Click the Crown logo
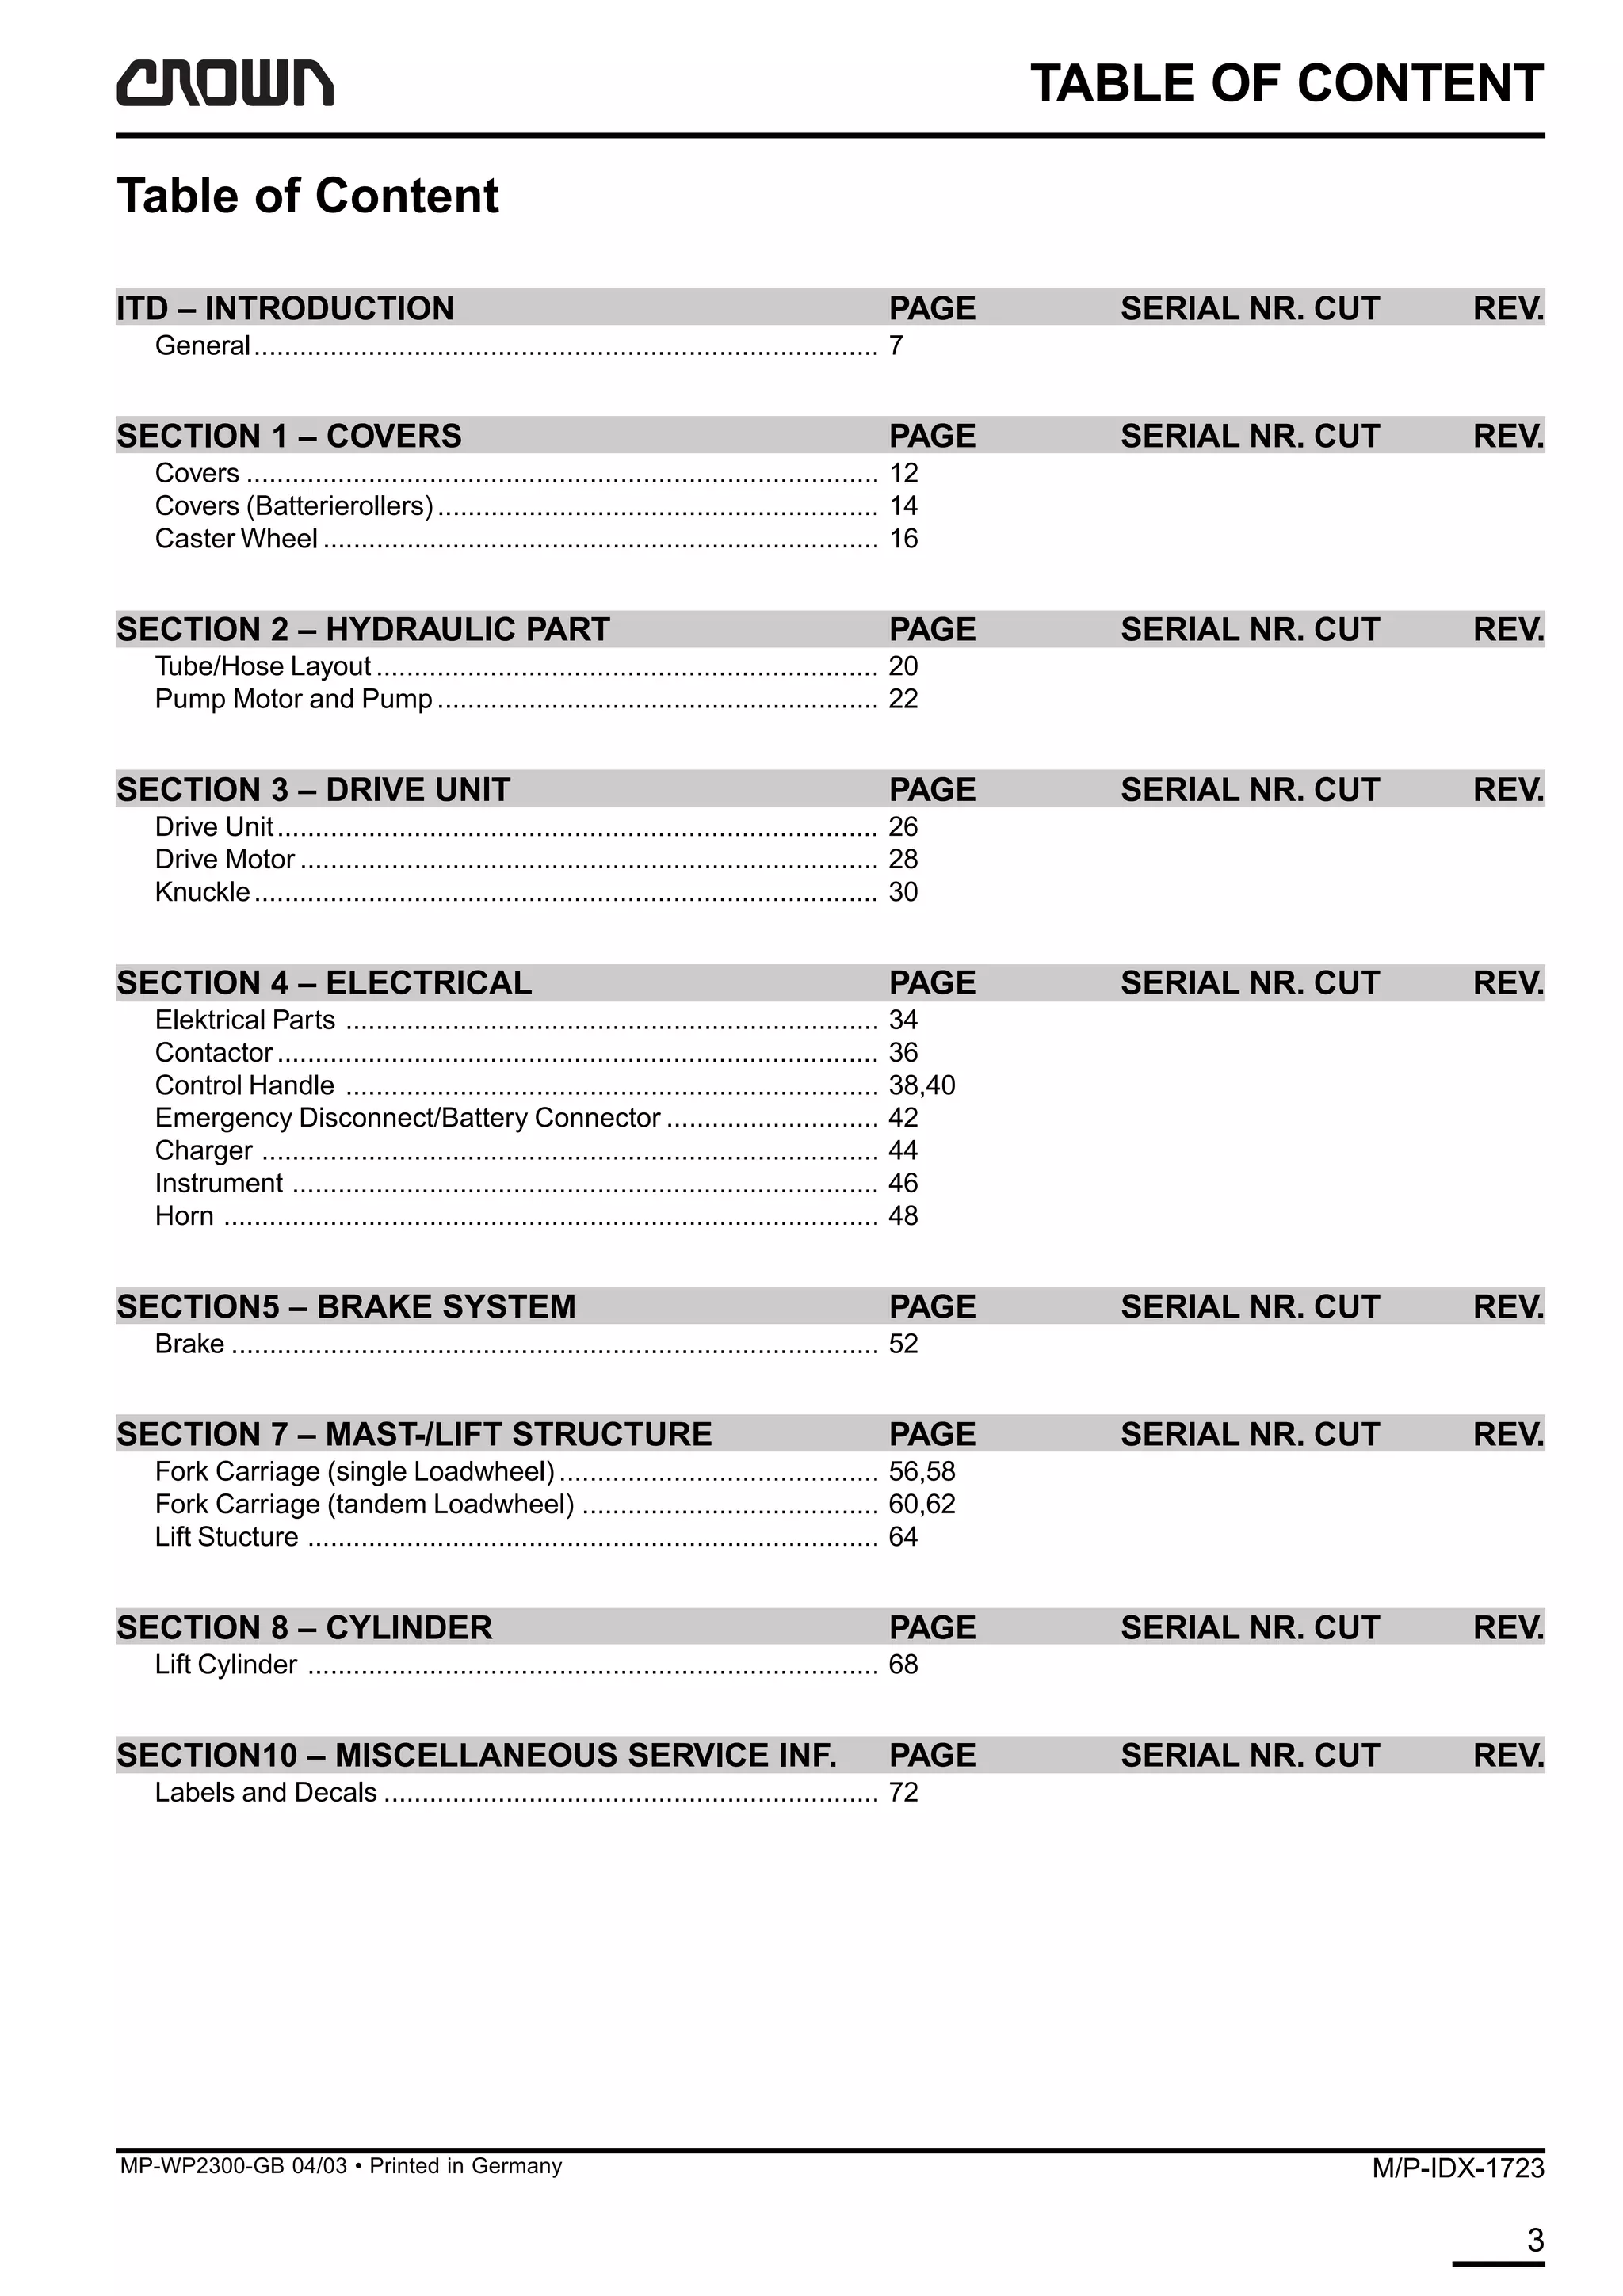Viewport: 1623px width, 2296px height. point(224,83)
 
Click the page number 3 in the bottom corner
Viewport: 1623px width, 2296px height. point(1535,2239)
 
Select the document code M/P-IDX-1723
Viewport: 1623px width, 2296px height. point(1457,2168)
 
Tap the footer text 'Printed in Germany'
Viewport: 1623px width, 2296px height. point(465,2166)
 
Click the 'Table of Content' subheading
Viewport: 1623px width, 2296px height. point(308,196)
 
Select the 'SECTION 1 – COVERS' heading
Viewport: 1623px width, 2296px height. point(289,436)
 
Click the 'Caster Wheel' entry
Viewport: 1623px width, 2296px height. point(236,539)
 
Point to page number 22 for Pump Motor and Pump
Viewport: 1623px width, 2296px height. point(903,699)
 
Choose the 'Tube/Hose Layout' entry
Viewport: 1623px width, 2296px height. point(263,666)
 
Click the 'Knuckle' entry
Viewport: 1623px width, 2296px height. point(202,892)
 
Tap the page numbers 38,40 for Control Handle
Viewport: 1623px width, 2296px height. point(921,1085)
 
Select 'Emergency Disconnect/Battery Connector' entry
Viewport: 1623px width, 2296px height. point(407,1118)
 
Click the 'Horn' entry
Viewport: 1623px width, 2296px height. point(184,1216)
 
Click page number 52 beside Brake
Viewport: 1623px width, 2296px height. point(903,1344)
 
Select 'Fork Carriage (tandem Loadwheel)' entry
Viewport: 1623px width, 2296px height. point(364,1504)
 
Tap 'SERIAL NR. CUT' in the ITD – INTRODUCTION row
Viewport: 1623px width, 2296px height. point(1249,309)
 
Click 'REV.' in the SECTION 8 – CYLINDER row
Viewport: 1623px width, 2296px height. point(1507,1628)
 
